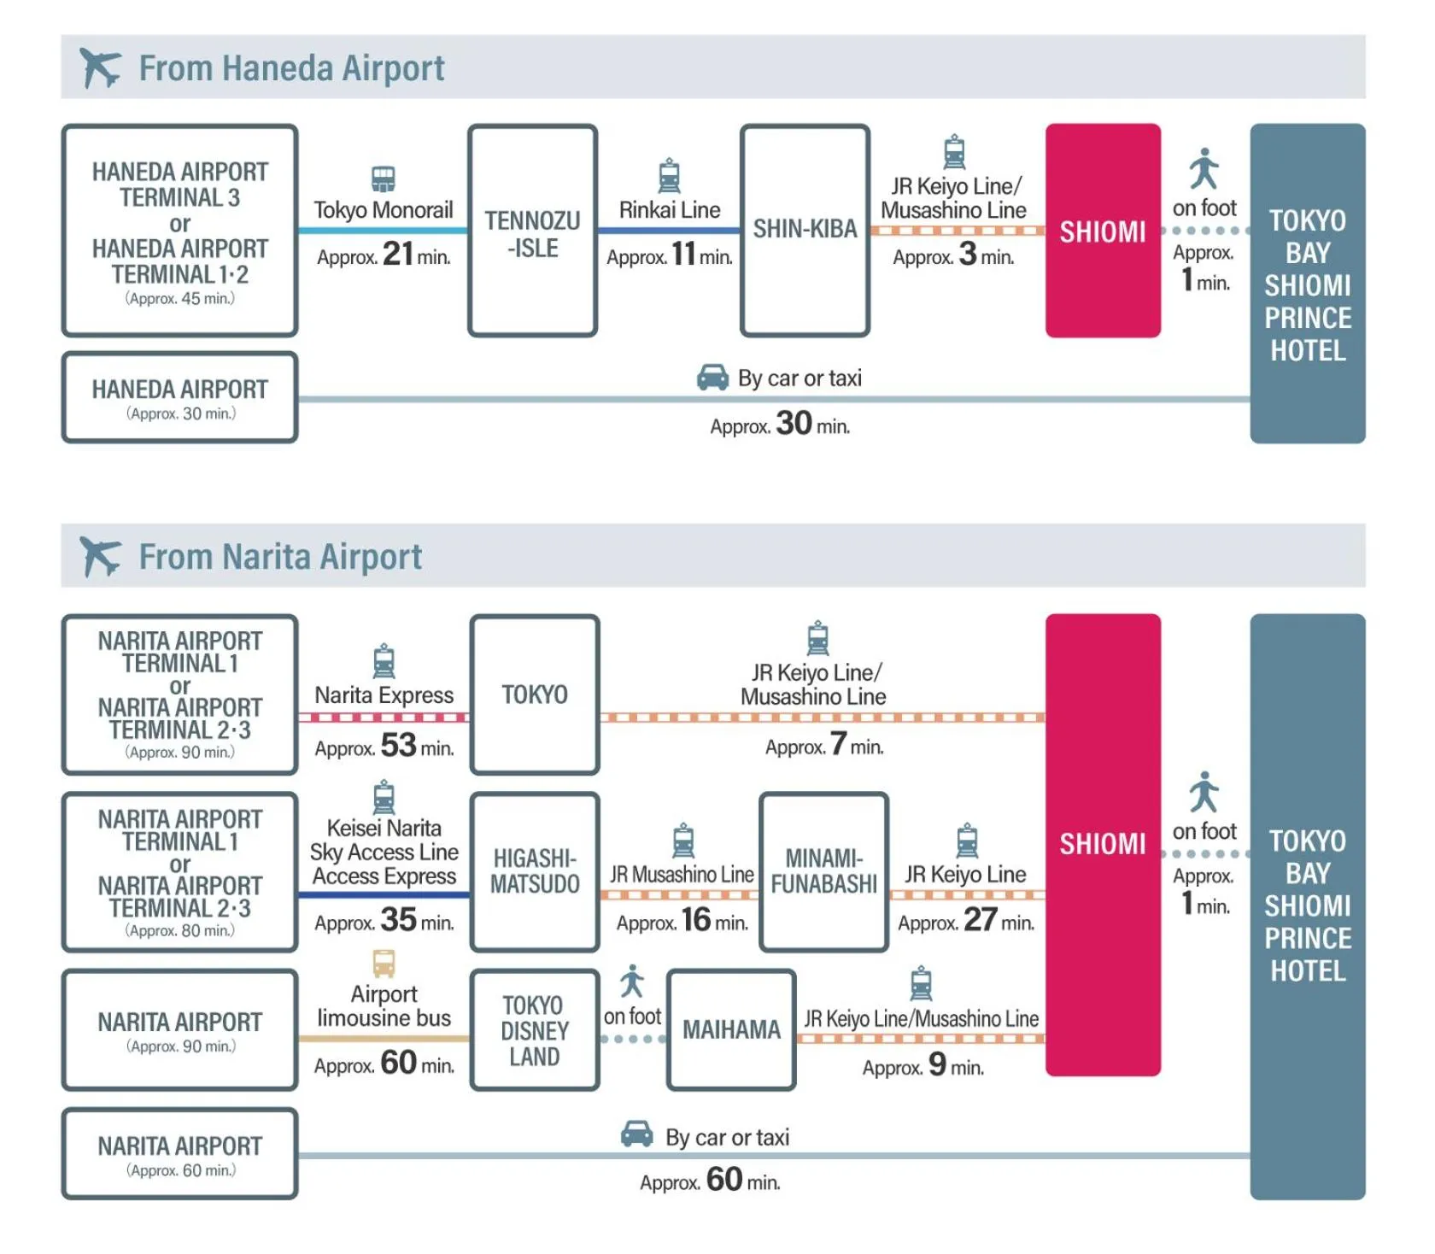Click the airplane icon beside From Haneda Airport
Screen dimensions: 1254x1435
99,67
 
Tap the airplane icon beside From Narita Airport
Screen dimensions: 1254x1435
99,556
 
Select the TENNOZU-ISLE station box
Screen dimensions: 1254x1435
532,231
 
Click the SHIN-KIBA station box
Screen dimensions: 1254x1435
805,231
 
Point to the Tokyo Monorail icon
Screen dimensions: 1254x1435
384,179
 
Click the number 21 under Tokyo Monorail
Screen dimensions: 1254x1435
398,254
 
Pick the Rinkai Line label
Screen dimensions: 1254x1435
670,210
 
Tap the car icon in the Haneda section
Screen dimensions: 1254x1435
712,377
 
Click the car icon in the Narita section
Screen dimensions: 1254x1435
636,1134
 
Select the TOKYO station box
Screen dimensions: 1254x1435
535,694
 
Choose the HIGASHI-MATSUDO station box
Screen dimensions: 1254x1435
535,871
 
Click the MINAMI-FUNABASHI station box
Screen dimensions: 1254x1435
823,871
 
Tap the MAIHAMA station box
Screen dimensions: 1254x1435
731,1029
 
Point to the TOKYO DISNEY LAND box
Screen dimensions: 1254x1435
535,1030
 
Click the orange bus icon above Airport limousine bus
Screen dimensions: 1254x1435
384,964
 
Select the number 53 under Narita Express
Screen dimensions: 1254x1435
398,745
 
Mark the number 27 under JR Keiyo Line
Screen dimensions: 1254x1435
980,920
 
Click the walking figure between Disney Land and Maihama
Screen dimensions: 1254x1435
632,982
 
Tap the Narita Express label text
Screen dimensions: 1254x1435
384,695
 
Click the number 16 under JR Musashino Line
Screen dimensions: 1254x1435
696,920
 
